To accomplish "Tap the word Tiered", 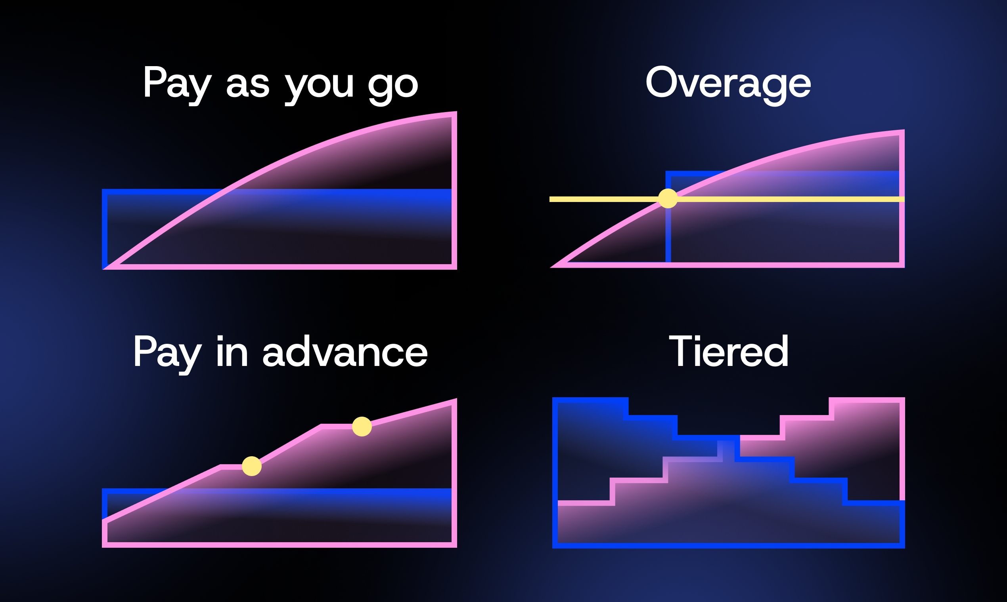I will [x=728, y=351].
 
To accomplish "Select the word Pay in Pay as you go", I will [x=177, y=84].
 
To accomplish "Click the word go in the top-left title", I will [x=392, y=85].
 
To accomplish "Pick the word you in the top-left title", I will [x=319, y=85].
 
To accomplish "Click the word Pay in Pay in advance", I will [x=167, y=352].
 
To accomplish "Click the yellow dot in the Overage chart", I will [x=668, y=198].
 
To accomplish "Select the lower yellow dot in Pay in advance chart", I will [x=251, y=466].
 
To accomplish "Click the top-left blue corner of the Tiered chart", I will [x=555, y=400].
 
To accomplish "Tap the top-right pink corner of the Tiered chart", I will [x=902, y=400].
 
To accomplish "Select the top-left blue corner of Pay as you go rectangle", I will [x=105, y=192].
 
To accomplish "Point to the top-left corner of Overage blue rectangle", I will [x=668, y=173].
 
